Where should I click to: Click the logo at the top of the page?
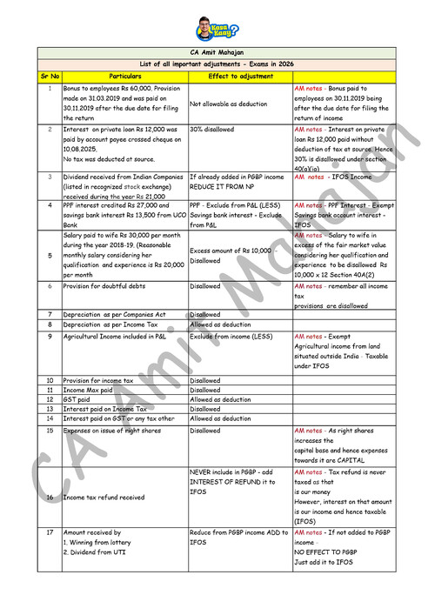click(x=217, y=30)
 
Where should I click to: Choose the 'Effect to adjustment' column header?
click(x=239, y=76)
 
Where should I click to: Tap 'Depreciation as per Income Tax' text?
click(x=110, y=324)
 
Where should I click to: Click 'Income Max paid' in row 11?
click(x=88, y=390)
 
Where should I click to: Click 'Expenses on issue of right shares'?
click(x=112, y=431)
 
